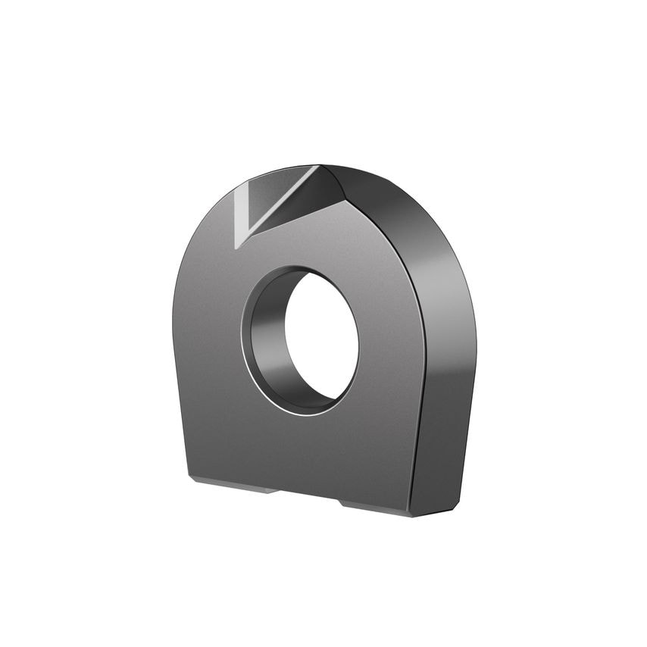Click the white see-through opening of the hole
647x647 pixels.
coord(321,337)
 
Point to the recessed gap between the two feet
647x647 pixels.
coord(307,496)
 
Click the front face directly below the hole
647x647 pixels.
coord(303,451)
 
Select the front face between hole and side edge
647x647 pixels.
coord(390,341)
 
